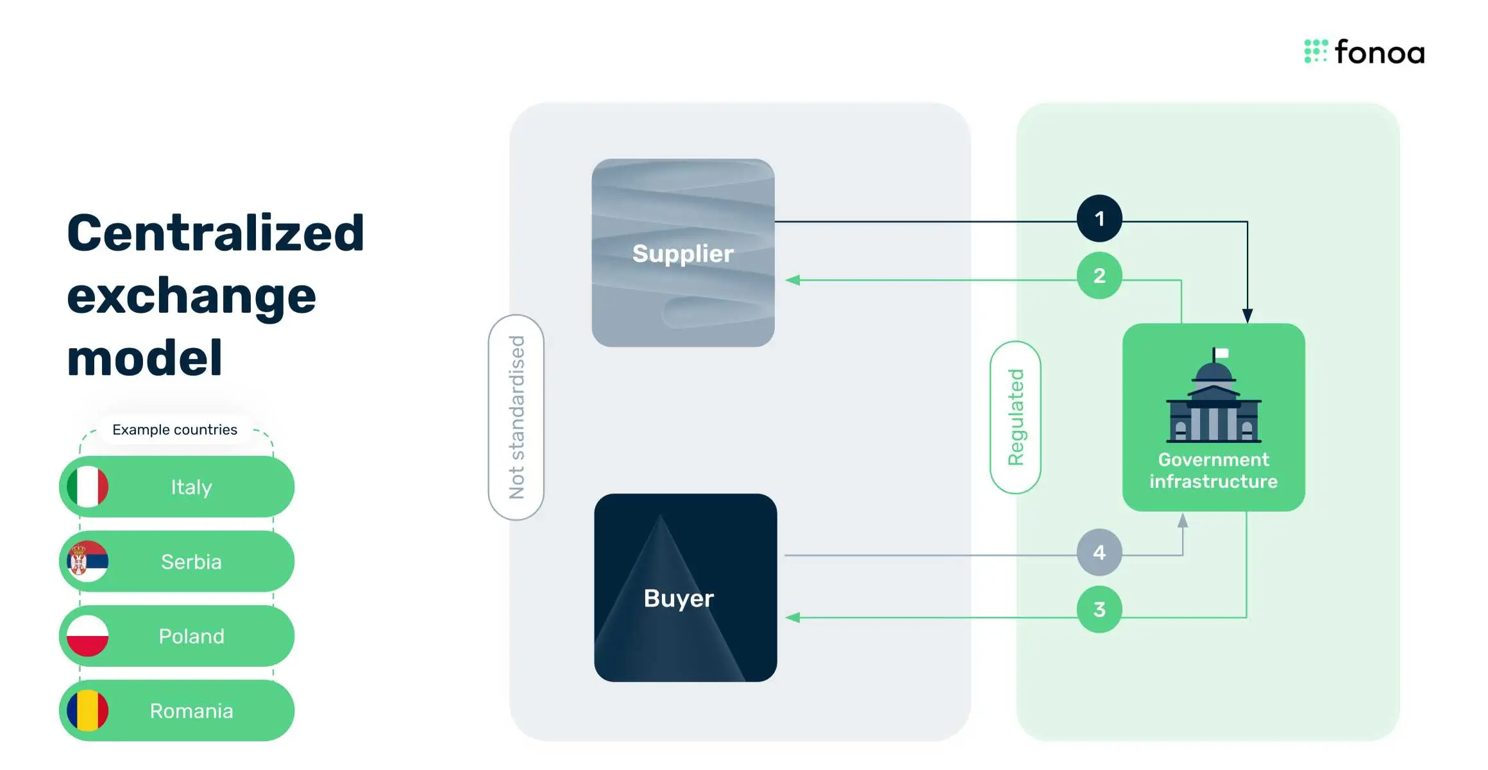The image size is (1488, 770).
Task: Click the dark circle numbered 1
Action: (x=1099, y=219)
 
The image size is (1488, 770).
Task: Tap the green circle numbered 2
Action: (x=1099, y=276)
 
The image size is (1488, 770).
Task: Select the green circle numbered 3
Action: (x=1099, y=609)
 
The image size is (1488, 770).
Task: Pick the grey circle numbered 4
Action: (x=1099, y=552)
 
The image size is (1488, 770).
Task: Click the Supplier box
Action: (x=682, y=253)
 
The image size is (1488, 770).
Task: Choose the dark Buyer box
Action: (x=685, y=587)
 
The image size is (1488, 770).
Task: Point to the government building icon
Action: (x=1213, y=398)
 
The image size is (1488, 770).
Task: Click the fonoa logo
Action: (x=1364, y=52)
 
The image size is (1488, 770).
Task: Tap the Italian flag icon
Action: (x=88, y=487)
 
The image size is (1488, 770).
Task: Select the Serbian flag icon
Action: (x=88, y=562)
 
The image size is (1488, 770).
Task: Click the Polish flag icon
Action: (x=88, y=636)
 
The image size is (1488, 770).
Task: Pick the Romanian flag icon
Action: (x=88, y=710)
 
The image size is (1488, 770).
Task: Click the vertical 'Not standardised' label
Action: (x=516, y=417)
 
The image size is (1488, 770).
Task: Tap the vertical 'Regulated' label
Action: (x=1015, y=417)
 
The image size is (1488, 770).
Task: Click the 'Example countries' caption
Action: (x=174, y=430)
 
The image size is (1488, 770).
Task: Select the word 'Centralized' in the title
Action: (x=216, y=233)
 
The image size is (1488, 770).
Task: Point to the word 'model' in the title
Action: (x=145, y=358)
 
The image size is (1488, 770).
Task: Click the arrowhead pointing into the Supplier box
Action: (x=793, y=280)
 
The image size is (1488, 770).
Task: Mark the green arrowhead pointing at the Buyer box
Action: (x=793, y=617)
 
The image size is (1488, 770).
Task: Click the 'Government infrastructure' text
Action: (x=1213, y=471)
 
